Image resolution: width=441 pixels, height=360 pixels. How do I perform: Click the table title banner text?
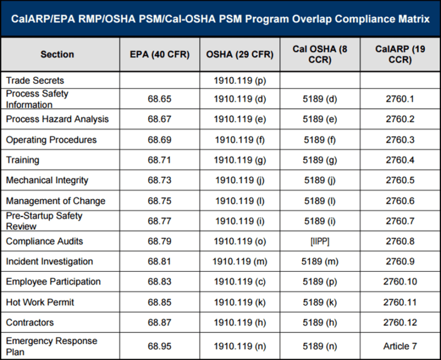click(220, 19)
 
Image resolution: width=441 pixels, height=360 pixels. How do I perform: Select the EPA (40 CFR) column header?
click(160, 55)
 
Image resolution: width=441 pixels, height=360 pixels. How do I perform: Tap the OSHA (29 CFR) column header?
click(239, 55)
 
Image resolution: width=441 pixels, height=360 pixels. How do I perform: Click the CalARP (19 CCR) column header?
click(400, 55)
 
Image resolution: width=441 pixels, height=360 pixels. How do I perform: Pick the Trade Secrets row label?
click(35, 80)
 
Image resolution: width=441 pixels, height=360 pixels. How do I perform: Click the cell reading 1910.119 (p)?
click(239, 80)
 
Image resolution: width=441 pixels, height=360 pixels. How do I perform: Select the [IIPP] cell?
click(320, 241)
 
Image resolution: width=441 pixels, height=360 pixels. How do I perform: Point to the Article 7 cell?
click(400, 346)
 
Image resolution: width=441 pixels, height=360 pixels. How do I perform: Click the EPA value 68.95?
click(160, 346)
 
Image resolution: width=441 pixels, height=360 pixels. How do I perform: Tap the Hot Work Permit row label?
click(40, 302)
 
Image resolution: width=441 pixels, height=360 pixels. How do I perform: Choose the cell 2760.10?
click(400, 282)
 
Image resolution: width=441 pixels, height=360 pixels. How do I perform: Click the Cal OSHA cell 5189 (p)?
click(320, 282)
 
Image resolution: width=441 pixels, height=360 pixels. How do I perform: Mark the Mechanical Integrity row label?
click(47, 180)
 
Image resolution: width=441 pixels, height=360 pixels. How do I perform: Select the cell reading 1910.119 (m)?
click(239, 261)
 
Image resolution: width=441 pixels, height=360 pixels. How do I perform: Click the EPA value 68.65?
click(160, 99)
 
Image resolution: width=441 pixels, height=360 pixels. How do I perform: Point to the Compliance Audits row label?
click(45, 241)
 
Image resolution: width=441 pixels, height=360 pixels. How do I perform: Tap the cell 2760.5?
click(400, 180)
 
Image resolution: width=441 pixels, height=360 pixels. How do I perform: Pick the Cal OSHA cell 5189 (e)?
click(320, 119)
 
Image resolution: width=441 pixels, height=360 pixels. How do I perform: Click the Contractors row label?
click(30, 323)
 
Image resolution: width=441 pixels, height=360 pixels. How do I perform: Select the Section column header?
click(57, 55)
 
